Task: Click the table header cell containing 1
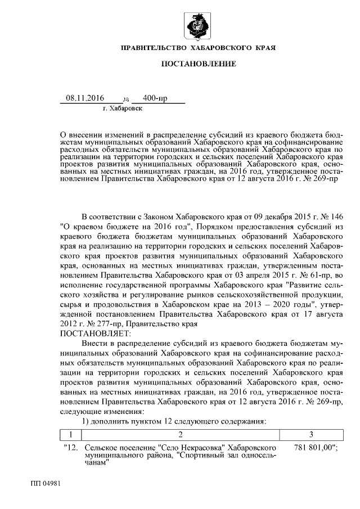pos(71,434)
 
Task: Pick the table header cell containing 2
pos(180,434)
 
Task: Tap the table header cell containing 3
pos(310,434)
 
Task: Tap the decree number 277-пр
pos(106,324)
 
